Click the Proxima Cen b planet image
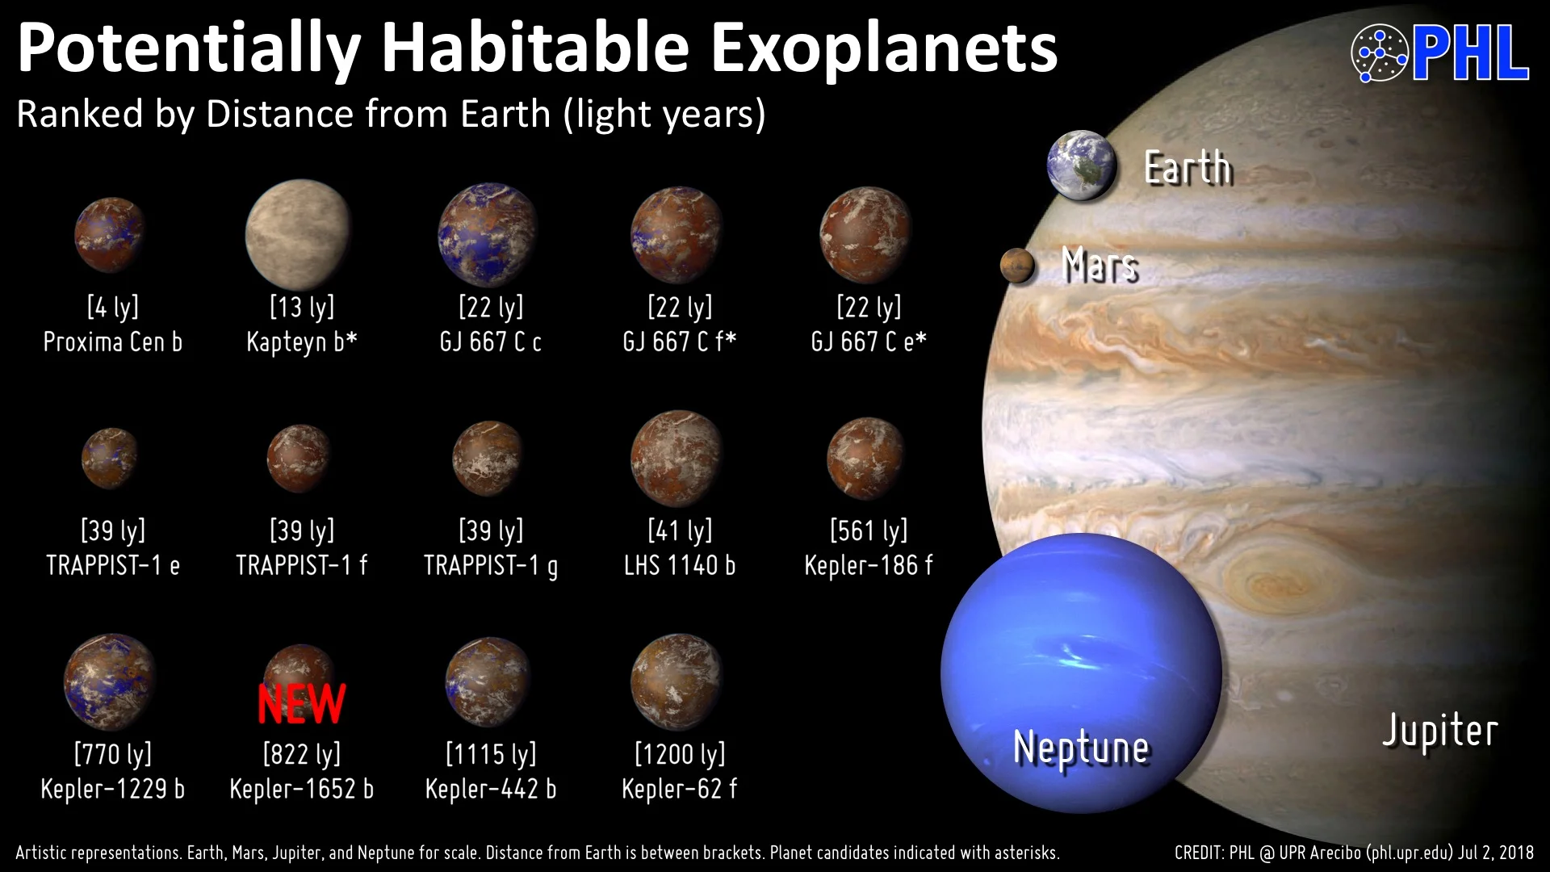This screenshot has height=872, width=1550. tap(110, 234)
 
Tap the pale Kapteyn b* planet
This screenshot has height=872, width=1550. tap(299, 234)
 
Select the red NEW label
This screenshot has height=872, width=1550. tap(302, 703)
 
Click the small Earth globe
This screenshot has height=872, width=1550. tap(1082, 166)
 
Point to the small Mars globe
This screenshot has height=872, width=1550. tap(1017, 266)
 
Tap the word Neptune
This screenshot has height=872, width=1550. tap(1081, 747)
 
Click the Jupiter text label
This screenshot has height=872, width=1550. tap(1440, 731)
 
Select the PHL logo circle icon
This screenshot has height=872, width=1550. tap(1380, 53)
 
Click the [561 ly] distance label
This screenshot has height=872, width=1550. tap(869, 530)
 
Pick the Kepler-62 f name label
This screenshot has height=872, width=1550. tap(679, 789)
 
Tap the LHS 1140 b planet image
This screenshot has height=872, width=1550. tap(677, 458)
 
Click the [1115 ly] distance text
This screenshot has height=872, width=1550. tap(491, 754)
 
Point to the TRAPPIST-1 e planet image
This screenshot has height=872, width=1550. tap(110, 458)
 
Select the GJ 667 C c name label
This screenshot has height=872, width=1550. tap(490, 342)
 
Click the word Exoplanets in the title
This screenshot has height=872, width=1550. tap(884, 48)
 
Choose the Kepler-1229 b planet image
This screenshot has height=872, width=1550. tap(110, 682)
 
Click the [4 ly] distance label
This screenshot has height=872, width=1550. tap(113, 307)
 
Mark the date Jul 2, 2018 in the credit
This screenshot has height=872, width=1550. tap(1496, 853)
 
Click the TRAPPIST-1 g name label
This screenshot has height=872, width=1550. tap(491, 565)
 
